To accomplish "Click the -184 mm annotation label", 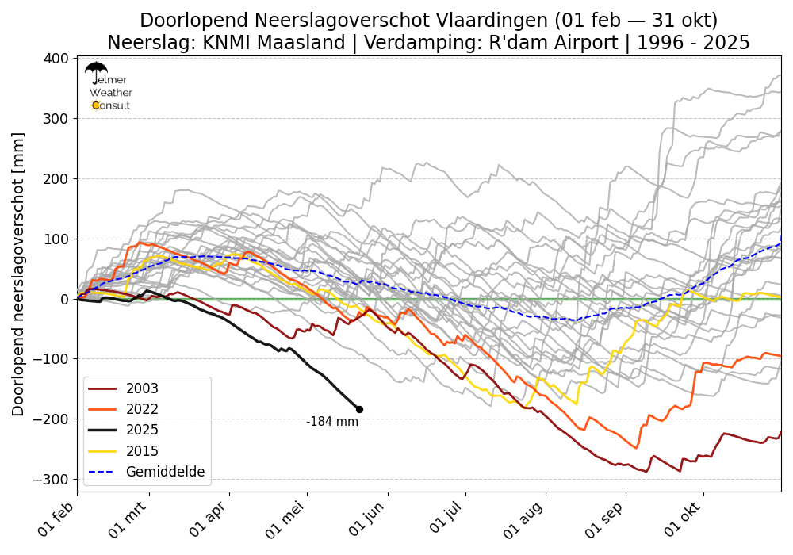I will [x=332, y=422].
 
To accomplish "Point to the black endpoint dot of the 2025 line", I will [x=359, y=409].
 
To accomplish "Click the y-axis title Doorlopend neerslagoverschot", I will [x=18, y=274].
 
